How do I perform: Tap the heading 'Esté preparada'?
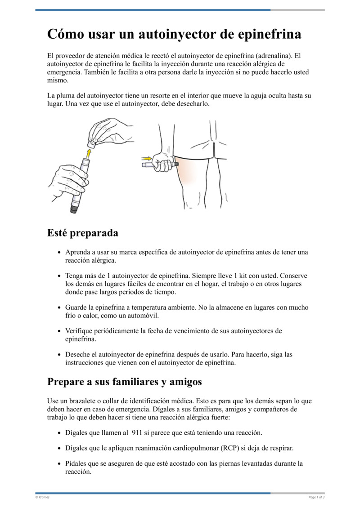tap(83, 233)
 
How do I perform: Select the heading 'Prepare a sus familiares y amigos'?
tap(124, 382)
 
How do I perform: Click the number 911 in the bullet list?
tap(139, 432)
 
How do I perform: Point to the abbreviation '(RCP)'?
tap(230, 448)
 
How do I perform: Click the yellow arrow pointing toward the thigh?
tap(147, 158)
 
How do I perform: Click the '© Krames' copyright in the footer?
tap(42, 497)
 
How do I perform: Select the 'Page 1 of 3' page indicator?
tap(316, 497)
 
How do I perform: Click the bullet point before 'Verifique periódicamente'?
tap(60, 331)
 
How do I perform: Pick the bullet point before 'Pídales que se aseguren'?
tap(60, 463)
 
